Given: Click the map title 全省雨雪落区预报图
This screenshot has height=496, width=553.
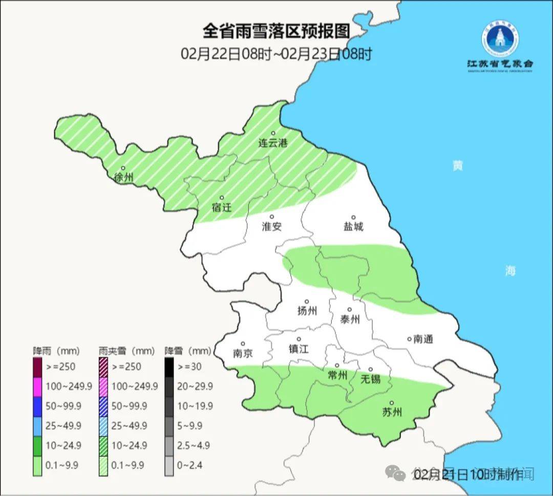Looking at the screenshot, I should click(x=276, y=31).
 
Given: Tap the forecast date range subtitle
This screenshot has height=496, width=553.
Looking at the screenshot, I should click(x=276, y=54).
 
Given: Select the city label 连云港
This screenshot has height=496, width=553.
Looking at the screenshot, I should click(x=272, y=143).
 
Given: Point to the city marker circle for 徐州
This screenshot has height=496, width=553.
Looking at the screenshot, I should click(x=123, y=168).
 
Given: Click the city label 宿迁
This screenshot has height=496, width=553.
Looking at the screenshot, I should click(x=222, y=207).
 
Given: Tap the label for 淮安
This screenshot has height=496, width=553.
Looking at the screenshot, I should click(x=271, y=226).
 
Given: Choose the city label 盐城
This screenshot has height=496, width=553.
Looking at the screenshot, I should click(x=353, y=226).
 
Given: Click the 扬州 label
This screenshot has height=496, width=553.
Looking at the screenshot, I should click(x=307, y=311).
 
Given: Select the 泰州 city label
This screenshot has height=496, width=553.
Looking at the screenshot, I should click(x=350, y=319).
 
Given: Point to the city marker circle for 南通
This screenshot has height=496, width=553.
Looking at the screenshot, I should click(x=409, y=338).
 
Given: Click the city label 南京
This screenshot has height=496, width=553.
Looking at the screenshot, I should click(x=243, y=353).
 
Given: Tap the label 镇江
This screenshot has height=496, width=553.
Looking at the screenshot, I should click(x=299, y=349).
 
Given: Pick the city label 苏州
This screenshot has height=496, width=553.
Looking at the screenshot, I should click(x=392, y=412).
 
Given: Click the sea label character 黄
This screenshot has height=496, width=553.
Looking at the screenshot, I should click(x=457, y=165).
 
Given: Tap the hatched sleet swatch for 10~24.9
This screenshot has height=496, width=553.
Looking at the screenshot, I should click(x=103, y=445).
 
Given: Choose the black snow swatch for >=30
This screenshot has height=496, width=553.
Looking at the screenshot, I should click(x=169, y=366).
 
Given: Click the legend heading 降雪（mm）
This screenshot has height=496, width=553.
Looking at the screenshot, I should click(x=187, y=351).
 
